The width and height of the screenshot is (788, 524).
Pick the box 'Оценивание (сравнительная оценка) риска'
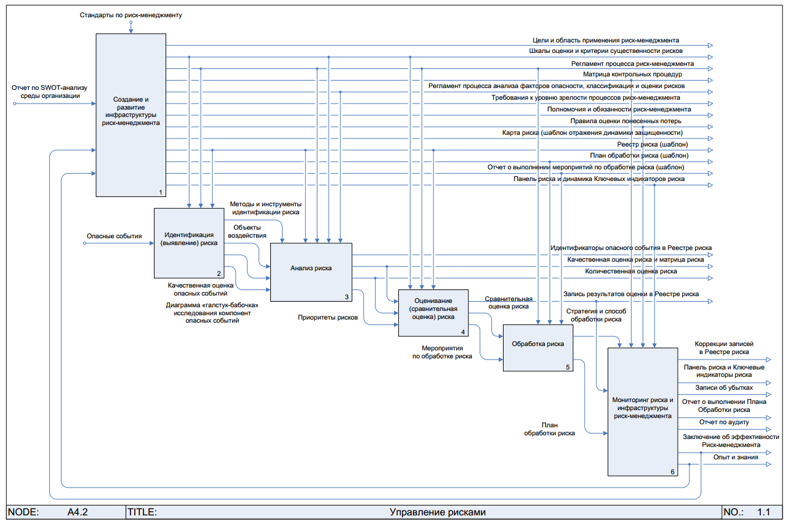point(433,308)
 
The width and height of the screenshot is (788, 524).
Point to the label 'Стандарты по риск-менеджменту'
point(131,14)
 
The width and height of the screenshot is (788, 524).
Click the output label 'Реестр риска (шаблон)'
point(653,144)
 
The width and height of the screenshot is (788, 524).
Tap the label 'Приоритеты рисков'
point(328,318)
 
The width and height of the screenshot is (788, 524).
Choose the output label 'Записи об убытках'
point(724,388)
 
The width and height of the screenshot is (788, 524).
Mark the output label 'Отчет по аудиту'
point(724,422)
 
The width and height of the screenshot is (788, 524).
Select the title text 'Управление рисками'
point(438,512)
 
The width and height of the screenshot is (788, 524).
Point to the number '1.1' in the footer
point(764,512)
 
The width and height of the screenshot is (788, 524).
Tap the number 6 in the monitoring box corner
point(672,472)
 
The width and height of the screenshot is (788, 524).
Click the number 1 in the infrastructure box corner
point(161,192)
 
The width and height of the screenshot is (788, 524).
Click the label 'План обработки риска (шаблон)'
point(639,156)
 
